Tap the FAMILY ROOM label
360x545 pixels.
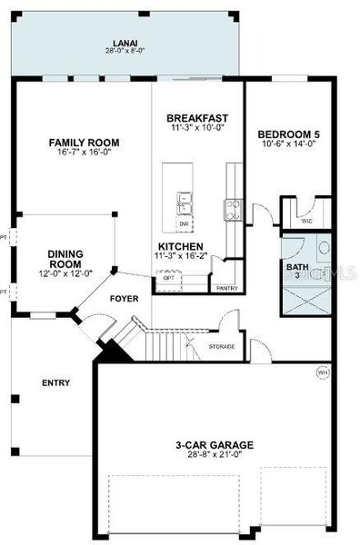pyautogui.click(x=84, y=143)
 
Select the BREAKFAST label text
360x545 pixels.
pyautogui.click(x=196, y=119)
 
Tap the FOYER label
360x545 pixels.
pyautogui.click(x=124, y=298)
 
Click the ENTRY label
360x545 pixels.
pyautogui.click(x=55, y=382)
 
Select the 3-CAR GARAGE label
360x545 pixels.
pyautogui.click(x=215, y=445)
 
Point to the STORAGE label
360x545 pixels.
pyautogui.click(x=222, y=346)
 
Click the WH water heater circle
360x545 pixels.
pyautogui.click(x=322, y=372)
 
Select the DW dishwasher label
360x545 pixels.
pyautogui.click(x=184, y=223)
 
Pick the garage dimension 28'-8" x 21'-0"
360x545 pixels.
pyautogui.click(x=215, y=455)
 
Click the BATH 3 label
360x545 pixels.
pyautogui.click(x=297, y=272)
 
